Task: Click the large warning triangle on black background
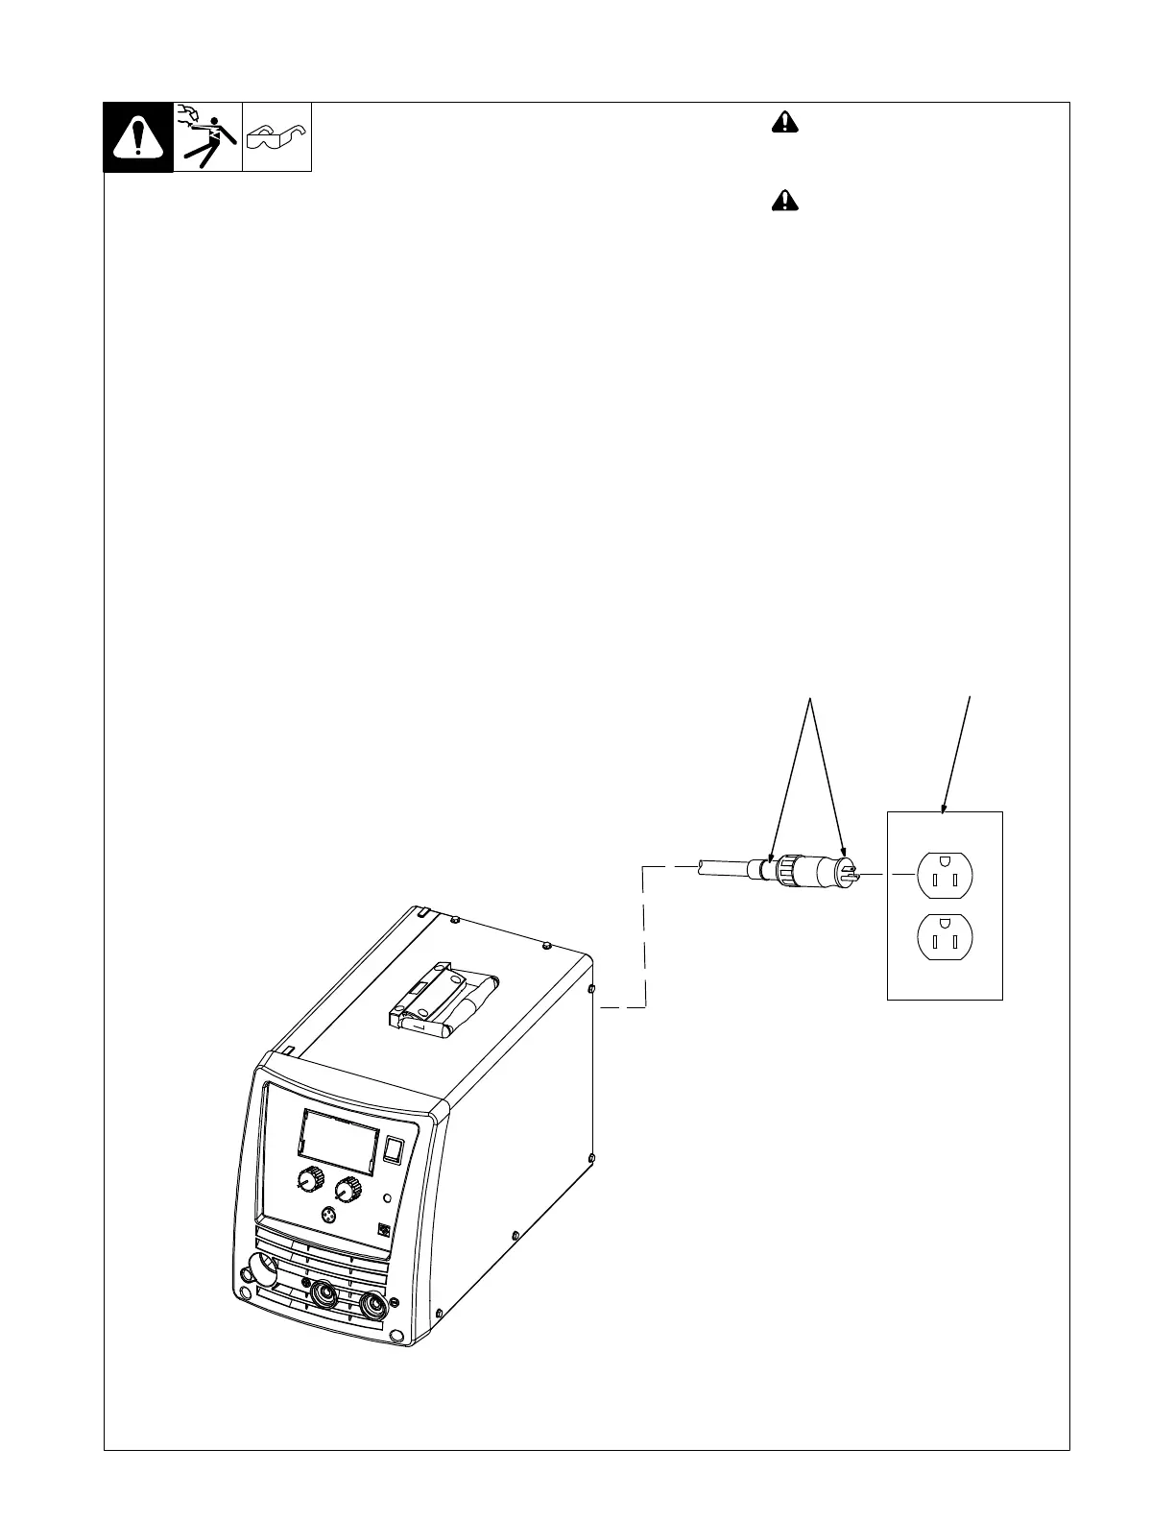tap(138, 137)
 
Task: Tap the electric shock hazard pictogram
tap(207, 137)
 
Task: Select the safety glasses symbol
tap(276, 138)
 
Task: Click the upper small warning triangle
tap(784, 122)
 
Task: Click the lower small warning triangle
tap(784, 201)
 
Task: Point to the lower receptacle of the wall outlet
tap(946, 937)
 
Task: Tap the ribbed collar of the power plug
tap(787, 870)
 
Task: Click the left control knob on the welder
tap(310, 1180)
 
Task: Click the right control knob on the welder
tap(349, 1189)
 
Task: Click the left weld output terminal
tap(324, 1293)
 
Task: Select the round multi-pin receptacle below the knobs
tap(331, 1216)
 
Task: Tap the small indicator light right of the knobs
tap(387, 1197)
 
